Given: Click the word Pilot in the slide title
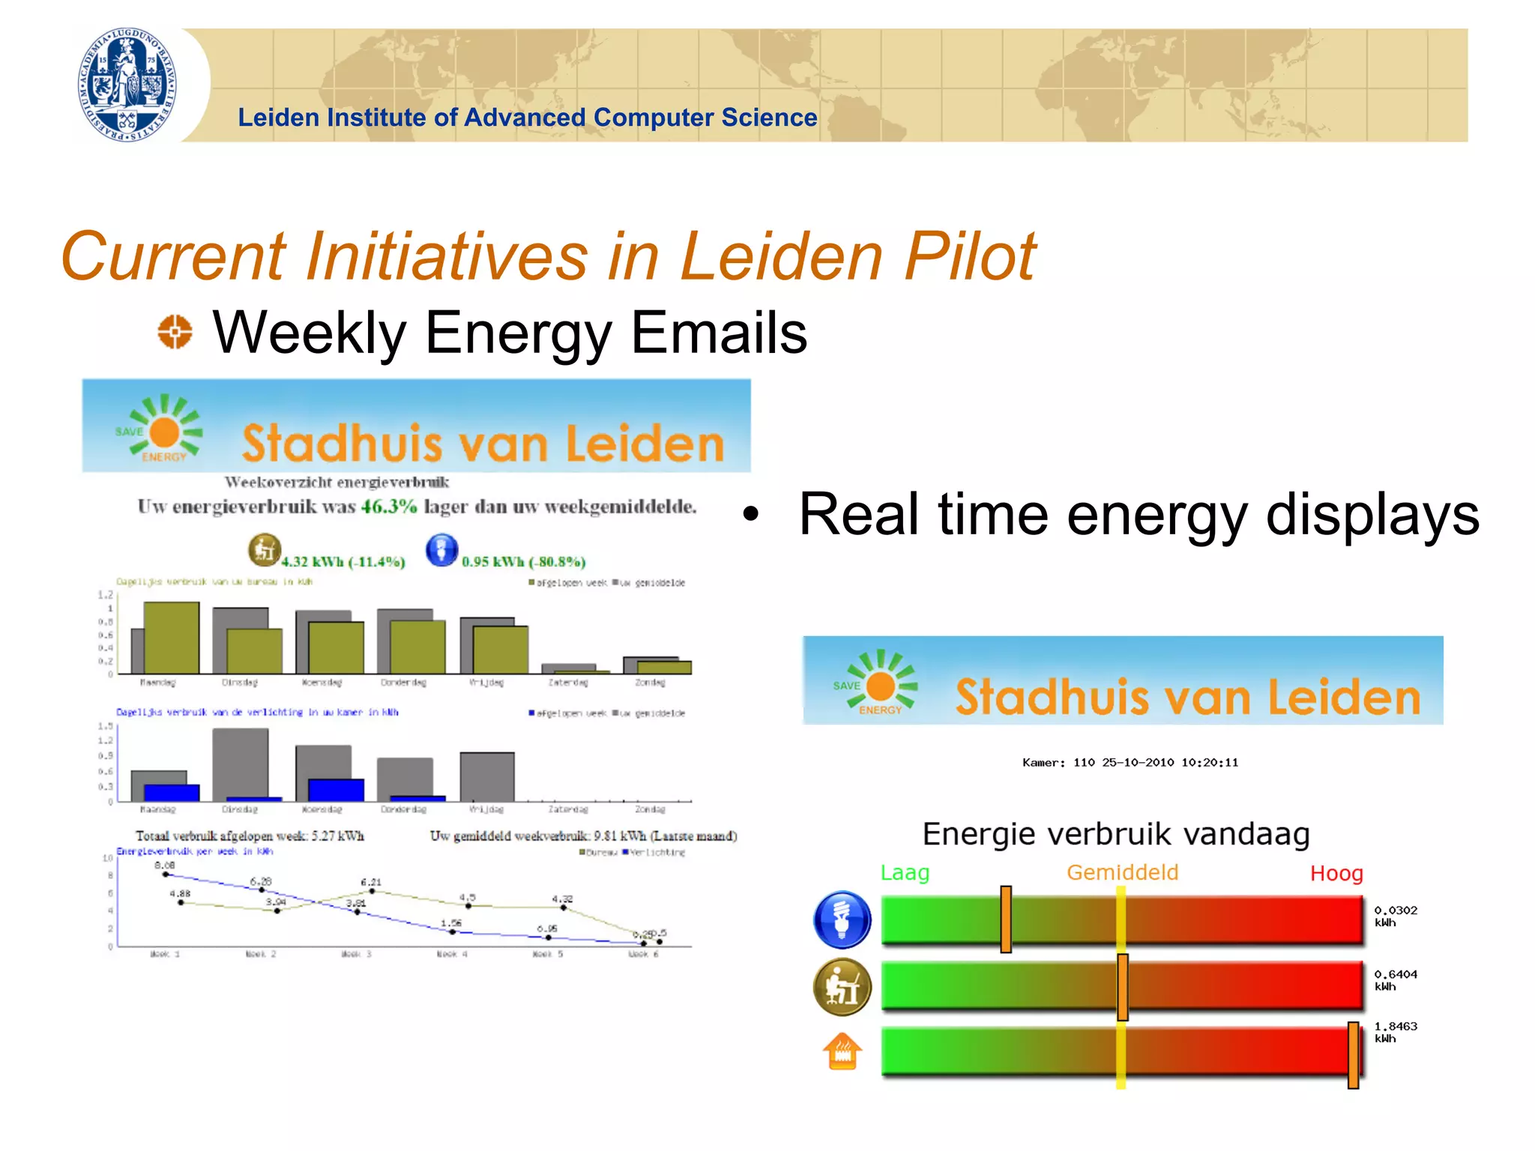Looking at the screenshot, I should pyautogui.click(x=970, y=256).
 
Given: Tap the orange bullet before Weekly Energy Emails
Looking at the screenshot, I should pyautogui.click(x=175, y=331).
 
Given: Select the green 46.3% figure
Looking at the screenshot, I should pyautogui.click(x=388, y=507).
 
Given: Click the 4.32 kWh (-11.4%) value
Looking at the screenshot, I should pyautogui.click(x=343, y=562).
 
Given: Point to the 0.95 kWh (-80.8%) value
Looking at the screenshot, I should pyautogui.click(x=523, y=562).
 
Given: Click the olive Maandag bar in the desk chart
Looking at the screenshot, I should pyautogui.click(x=172, y=638).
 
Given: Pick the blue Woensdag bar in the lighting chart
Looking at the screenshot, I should pyautogui.click(x=336, y=790).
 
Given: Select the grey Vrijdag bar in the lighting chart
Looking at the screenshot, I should pyautogui.click(x=487, y=777).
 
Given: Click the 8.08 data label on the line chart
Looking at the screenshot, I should pyautogui.click(x=164, y=865).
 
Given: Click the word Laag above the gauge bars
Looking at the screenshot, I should pyautogui.click(x=905, y=873).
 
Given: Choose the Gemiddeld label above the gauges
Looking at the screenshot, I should pyautogui.click(x=1122, y=873).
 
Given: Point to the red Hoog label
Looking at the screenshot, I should pyautogui.click(x=1336, y=874).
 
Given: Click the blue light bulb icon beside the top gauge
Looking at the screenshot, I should pyautogui.click(x=842, y=919).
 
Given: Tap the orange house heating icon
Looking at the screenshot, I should pyautogui.click(x=842, y=1051).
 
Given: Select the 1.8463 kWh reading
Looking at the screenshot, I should pyautogui.click(x=1395, y=1032).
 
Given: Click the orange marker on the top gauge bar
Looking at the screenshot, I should pyautogui.click(x=1006, y=919).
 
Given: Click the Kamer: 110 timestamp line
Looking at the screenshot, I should pyautogui.click(x=1130, y=763).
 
